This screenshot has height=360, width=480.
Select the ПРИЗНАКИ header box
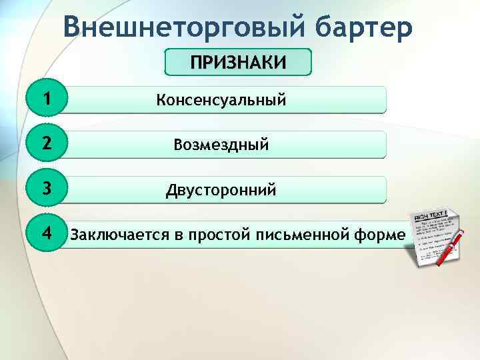[x=238, y=63]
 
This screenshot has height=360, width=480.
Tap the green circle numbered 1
[x=46, y=100]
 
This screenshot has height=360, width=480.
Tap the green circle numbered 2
[x=46, y=145]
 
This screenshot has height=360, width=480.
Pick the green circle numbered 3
[x=46, y=189]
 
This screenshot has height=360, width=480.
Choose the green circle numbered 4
[x=46, y=234]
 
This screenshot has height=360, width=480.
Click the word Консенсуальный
[x=221, y=101]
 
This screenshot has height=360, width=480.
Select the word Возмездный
[x=221, y=145]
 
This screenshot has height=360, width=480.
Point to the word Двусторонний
[x=221, y=191]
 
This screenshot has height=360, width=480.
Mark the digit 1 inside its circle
[x=46, y=100]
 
